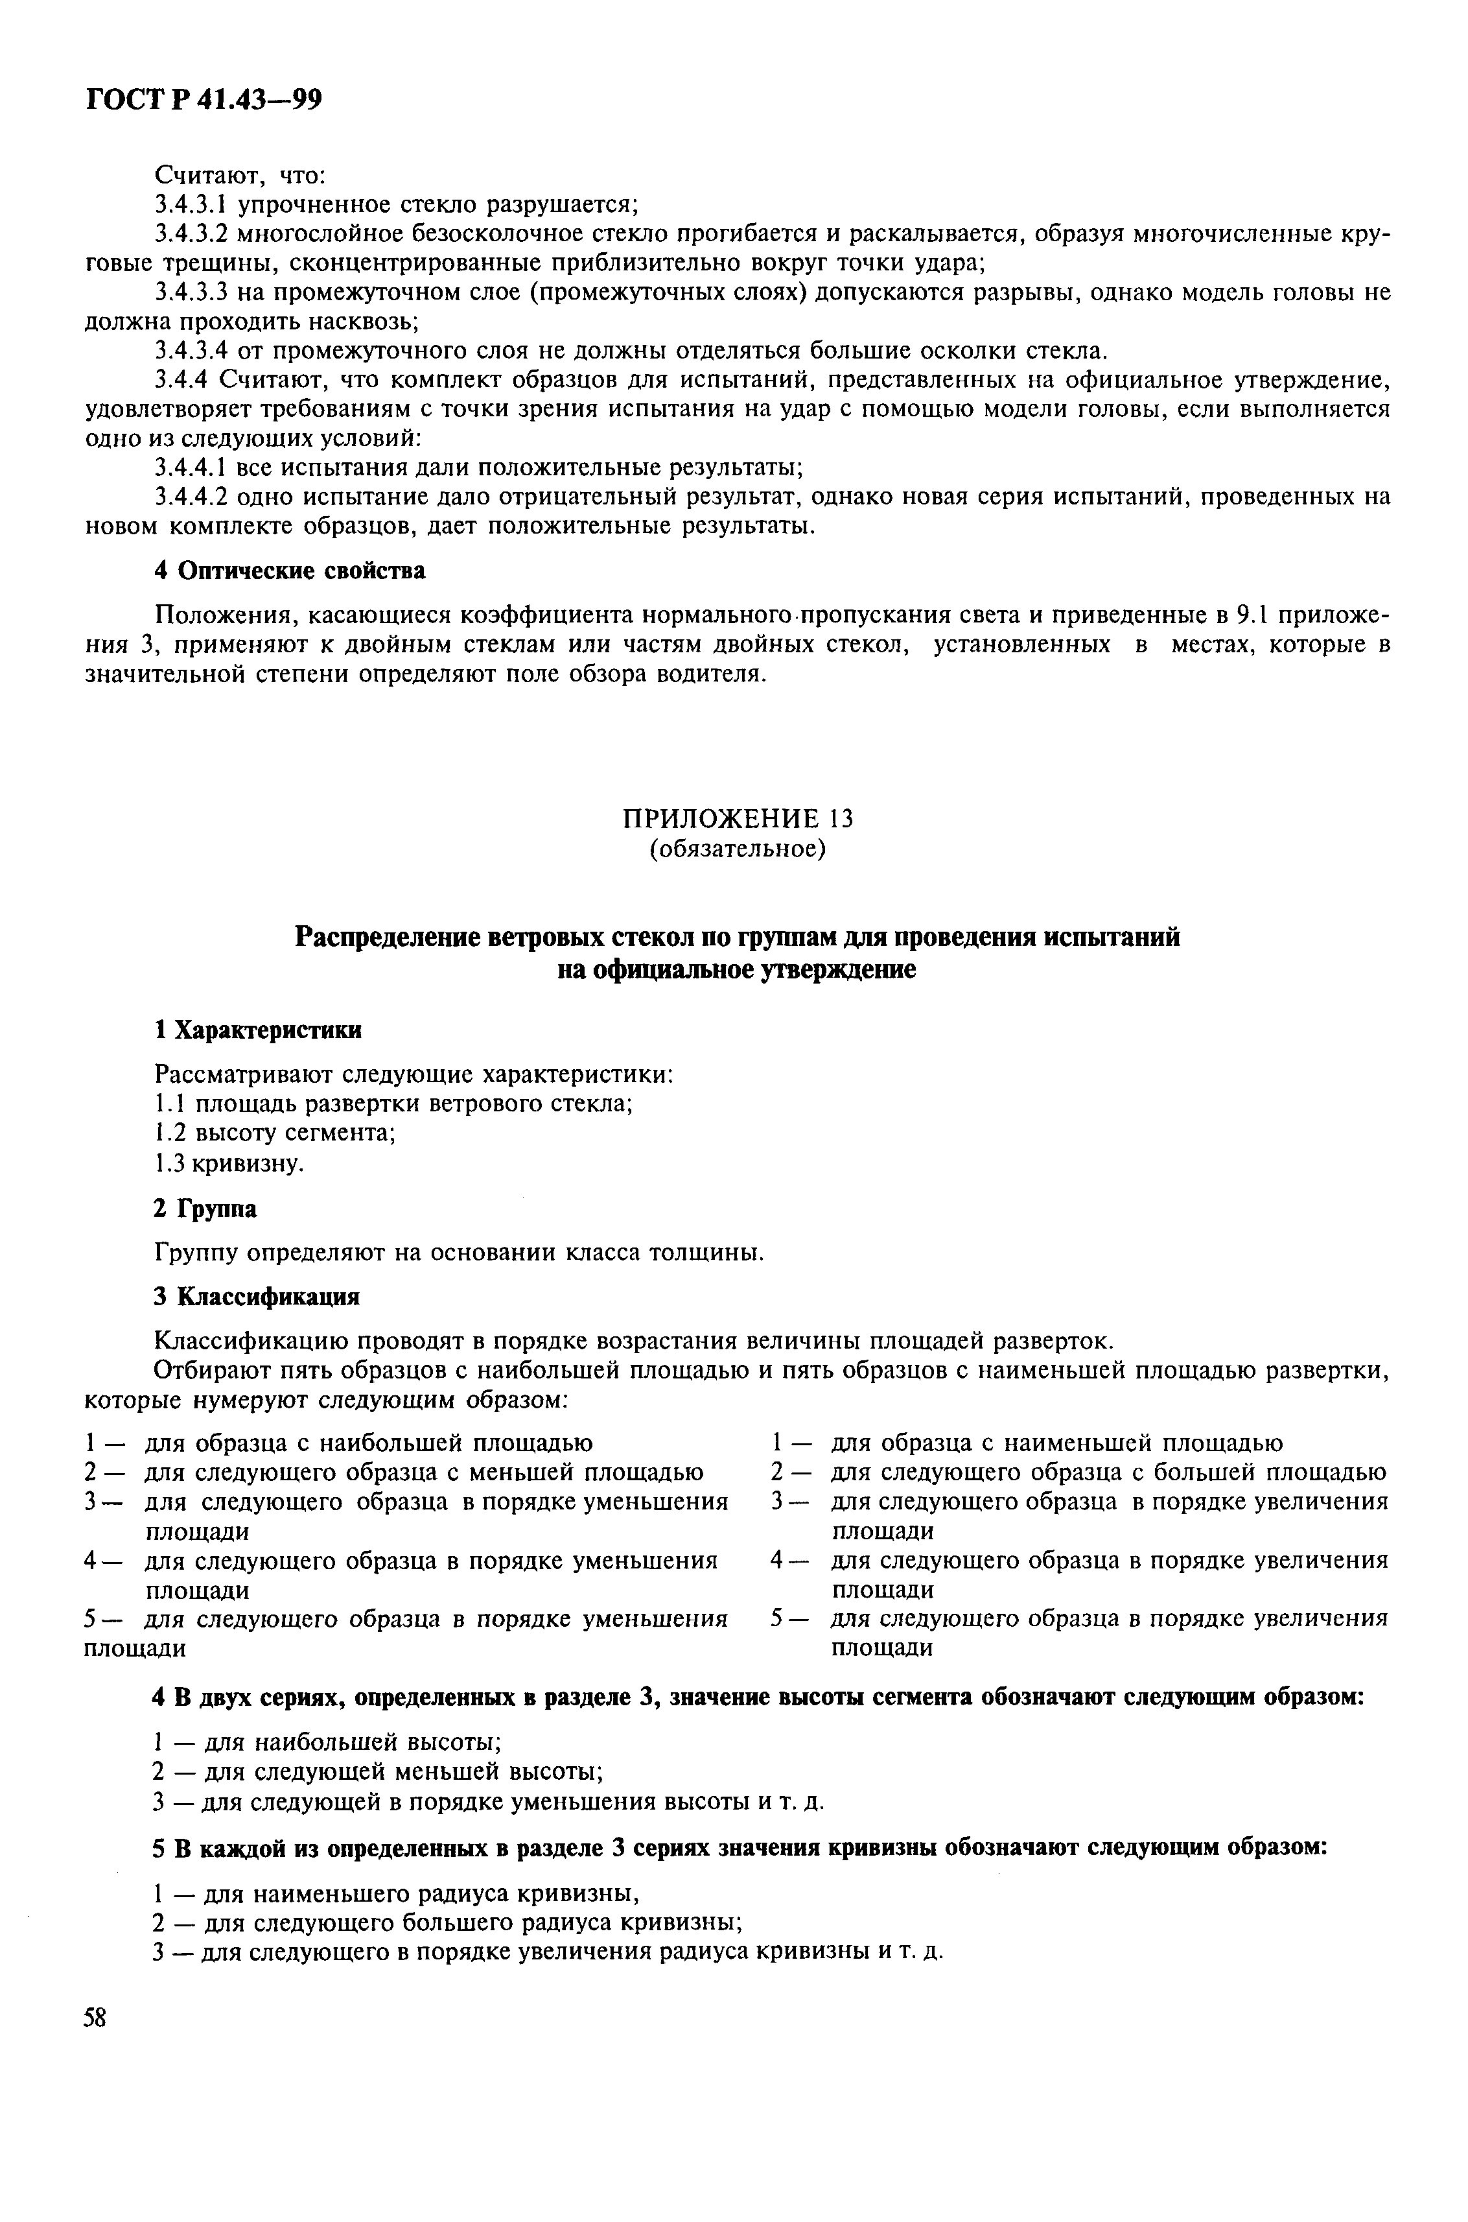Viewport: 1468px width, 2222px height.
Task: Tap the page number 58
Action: pos(95,2017)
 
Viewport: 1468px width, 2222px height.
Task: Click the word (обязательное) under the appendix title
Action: pos(738,849)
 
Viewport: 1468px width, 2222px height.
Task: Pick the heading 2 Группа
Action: pos(205,1209)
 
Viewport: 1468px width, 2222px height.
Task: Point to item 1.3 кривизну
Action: pos(228,1163)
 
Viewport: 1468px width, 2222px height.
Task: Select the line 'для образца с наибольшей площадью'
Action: pos(369,1443)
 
